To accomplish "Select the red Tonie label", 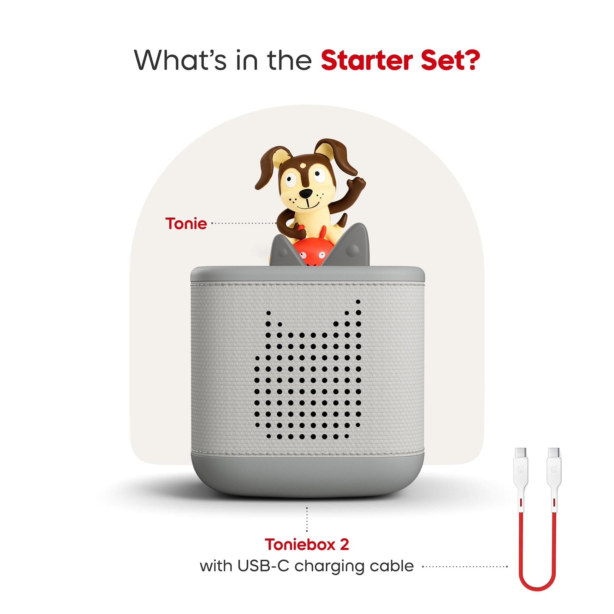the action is [186, 223].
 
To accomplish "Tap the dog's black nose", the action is [306, 193].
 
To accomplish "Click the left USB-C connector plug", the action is [520, 453].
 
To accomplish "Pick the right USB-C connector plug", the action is [554, 453].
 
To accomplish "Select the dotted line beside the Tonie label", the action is [244, 223].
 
